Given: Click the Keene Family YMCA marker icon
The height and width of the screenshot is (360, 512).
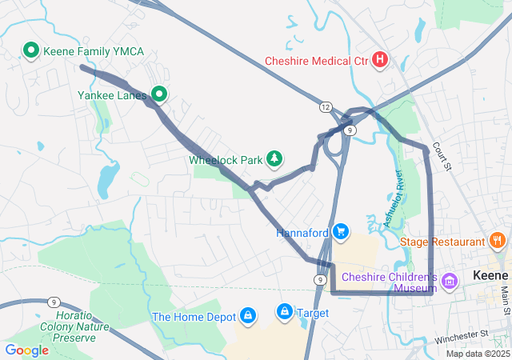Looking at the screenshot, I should click(x=31, y=51).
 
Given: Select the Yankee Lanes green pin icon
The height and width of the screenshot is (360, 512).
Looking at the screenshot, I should click(x=159, y=95).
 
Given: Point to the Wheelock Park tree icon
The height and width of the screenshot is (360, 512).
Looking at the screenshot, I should click(x=274, y=159).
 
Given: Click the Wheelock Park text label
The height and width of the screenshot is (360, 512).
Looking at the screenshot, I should click(x=226, y=160).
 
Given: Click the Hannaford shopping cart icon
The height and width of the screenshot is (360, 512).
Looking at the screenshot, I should click(x=342, y=232).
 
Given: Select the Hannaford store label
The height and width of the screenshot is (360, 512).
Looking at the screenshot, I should click(x=303, y=233).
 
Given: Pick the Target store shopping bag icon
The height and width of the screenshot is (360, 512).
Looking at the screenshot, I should click(x=284, y=310).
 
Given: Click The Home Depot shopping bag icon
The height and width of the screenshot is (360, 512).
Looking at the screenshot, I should click(x=248, y=316).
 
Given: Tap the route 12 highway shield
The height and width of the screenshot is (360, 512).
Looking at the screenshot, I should click(x=325, y=106).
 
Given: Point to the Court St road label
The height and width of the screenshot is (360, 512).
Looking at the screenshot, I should click(x=442, y=157).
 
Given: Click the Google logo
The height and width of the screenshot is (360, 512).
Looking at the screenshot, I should click(x=27, y=350).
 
